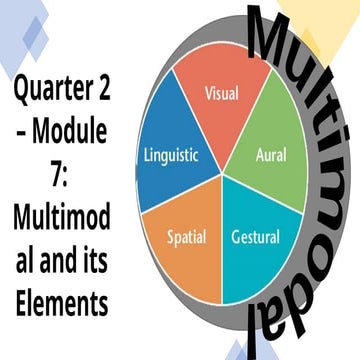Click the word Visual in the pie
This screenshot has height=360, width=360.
point(222,93)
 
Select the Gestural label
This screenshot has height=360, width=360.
point(255,238)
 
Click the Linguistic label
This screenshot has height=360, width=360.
point(172,156)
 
